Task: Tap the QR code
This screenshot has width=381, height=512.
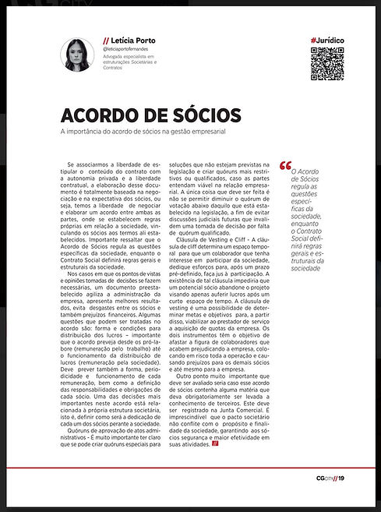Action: coord(326,64)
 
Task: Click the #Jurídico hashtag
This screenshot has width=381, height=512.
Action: coord(326,39)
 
